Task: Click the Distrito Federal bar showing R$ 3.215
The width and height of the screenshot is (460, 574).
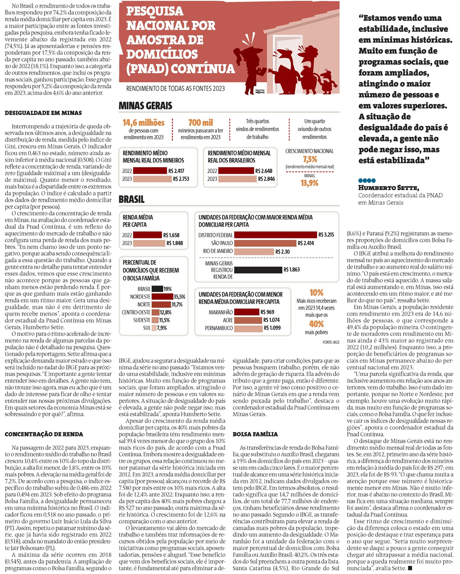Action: click(275, 235)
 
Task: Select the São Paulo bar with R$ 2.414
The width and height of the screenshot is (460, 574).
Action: click(265, 243)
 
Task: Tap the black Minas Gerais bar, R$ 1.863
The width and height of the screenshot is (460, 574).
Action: click(258, 270)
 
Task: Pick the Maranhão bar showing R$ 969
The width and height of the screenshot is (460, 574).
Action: click(247, 312)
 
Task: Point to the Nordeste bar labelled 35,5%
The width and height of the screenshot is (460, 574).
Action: click(162, 296)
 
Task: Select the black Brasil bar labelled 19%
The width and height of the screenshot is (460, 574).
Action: click(157, 289)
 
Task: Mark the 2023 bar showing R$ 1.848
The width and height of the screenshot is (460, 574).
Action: click(149, 243)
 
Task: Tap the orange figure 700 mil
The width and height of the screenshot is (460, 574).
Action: click(201, 122)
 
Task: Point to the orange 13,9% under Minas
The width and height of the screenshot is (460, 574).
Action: click(309, 183)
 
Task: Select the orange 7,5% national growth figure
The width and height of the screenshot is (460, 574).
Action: click(309, 159)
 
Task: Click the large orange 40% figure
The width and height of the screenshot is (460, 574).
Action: click(316, 324)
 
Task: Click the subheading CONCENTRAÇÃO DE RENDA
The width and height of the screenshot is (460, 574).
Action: click(44, 434)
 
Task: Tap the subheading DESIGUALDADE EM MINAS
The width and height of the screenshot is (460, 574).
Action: click(43, 113)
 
